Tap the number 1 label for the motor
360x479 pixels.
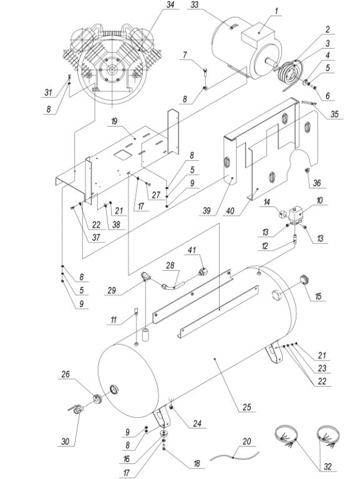pyautogui.click(x=276, y=11)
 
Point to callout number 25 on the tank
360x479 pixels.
pyautogui.click(x=247, y=407)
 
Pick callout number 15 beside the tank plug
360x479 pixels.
pyautogui.click(x=318, y=296)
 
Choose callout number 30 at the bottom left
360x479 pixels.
pyautogui.click(x=66, y=441)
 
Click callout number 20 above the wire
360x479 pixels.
pyautogui.click(x=246, y=441)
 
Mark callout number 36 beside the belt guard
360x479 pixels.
pyautogui.click(x=317, y=183)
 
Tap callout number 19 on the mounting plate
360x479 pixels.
pyautogui.click(x=114, y=121)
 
